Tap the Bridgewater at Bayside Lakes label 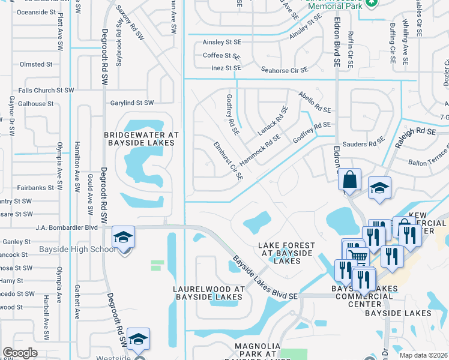tap(139, 139)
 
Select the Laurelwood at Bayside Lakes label tap(209, 293)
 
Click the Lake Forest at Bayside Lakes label tap(286, 253)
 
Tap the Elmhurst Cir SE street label tap(228, 161)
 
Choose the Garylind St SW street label tap(132, 103)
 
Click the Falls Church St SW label tap(46, 90)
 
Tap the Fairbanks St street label tap(36, 188)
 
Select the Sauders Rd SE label tap(367, 143)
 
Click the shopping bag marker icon tap(349, 179)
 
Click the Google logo tap(20, 353)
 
